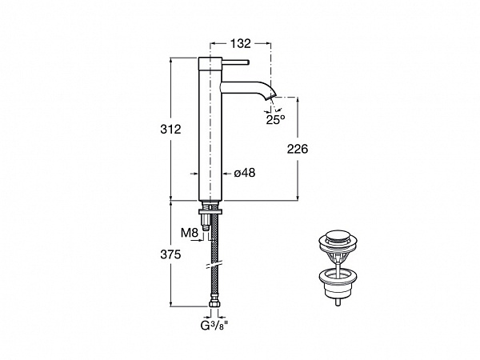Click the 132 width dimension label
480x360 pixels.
[240, 43]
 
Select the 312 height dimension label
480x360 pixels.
[170, 130]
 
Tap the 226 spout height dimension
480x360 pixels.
[298, 149]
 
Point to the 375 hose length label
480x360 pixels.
[170, 254]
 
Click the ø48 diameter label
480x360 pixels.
[245, 173]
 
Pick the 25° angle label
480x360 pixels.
[275, 120]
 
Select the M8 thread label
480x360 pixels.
[190, 233]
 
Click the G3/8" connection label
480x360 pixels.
[214, 326]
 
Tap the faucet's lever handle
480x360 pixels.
[234, 62]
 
